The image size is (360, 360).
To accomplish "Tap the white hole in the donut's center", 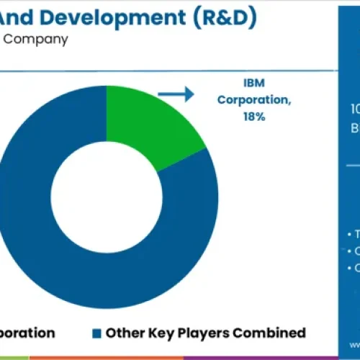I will coord(106,189).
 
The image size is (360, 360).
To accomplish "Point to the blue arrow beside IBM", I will coord(176,94).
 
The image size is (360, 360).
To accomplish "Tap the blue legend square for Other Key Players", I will coord(96,333).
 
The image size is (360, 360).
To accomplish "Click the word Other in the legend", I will coord(123,333).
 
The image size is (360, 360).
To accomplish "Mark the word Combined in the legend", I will coord(271,333).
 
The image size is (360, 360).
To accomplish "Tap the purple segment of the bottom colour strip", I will coord(252,357).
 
